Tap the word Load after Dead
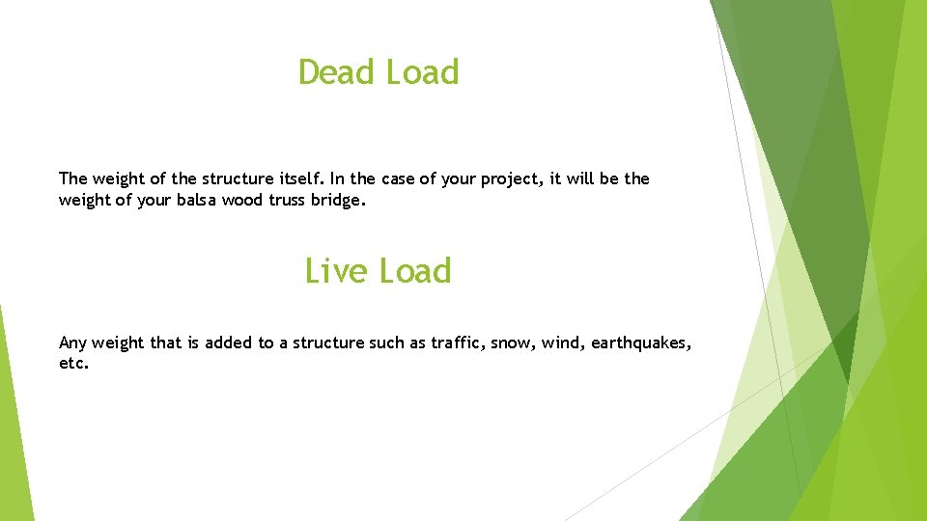tap(422, 72)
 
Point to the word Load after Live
tap(414, 271)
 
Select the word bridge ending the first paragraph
tap(341, 200)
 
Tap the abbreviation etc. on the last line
tap(73, 365)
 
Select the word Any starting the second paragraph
tap(72, 343)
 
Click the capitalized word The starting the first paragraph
tap(72, 178)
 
